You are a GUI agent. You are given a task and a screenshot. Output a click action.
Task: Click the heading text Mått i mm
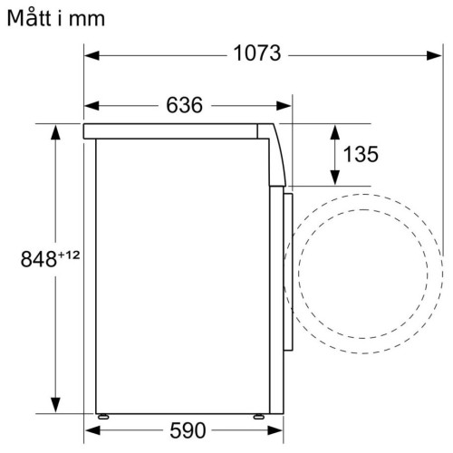[56, 18]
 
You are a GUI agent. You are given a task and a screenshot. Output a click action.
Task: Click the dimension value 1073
[257, 53]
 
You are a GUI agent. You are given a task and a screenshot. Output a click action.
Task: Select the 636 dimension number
[184, 105]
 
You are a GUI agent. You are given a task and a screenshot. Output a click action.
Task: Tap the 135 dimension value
[361, 154]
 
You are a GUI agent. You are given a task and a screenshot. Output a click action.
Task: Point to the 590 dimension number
[188, 430]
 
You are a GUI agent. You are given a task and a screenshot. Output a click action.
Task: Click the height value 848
[39, 259]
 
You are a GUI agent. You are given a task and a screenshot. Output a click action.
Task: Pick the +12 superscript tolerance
[69, 255]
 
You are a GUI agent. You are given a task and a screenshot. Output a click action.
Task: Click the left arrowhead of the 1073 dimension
[92, 55]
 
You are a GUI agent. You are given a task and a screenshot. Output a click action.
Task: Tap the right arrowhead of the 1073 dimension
[434, 55]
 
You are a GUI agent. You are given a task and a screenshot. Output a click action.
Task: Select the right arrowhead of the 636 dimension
[284, 106]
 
